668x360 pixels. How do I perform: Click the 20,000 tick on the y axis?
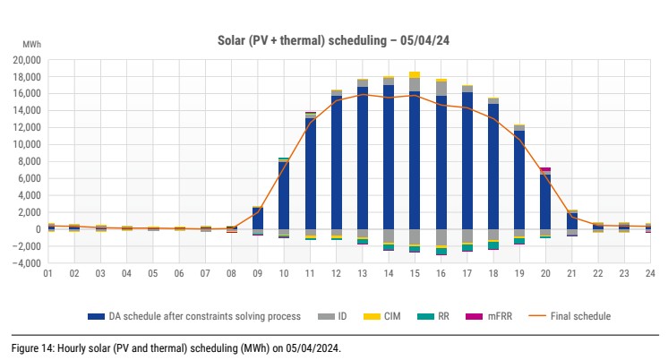click(25, 60)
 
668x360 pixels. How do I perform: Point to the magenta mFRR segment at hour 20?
click(544, 169)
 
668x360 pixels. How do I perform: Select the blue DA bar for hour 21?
click(570, 219)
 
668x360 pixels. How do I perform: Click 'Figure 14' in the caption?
click(30, 347)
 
